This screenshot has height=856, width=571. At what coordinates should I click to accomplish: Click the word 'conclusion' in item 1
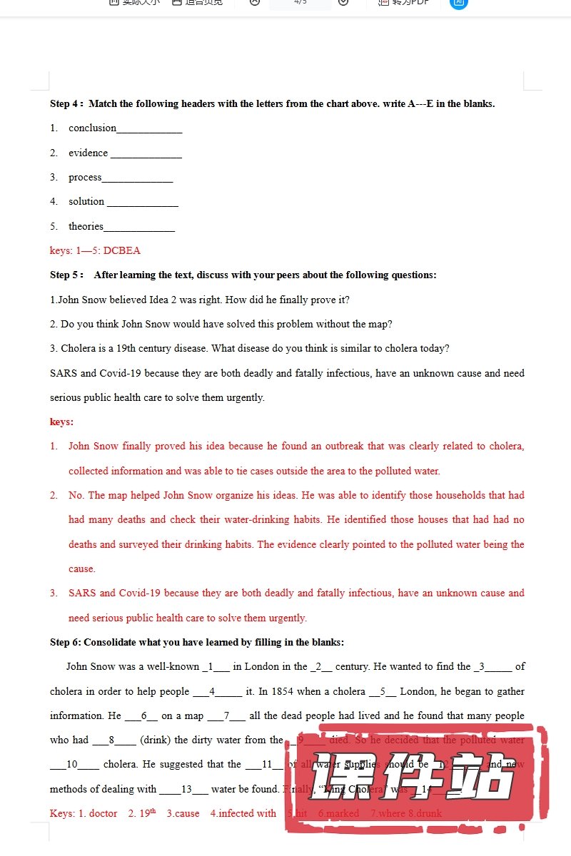[x=92, y=128]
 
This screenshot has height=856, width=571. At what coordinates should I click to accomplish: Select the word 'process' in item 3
[x=85, y=177]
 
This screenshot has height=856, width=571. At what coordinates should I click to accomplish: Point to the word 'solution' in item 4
[x=86, y=202]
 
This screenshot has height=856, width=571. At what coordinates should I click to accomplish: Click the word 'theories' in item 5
[x=86, y=226]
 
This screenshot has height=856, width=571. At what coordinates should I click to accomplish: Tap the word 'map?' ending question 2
[x=379, y=324]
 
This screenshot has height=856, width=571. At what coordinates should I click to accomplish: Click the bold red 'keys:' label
[x=61, y=422]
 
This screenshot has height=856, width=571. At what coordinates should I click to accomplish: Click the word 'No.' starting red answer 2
[x=76, y=495]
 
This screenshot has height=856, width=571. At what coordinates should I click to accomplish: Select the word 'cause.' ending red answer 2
[x=82, y=569]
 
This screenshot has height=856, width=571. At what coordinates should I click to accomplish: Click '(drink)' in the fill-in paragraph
[x=155, y=740]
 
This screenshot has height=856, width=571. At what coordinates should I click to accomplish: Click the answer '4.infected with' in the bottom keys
[x=243, y=813]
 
